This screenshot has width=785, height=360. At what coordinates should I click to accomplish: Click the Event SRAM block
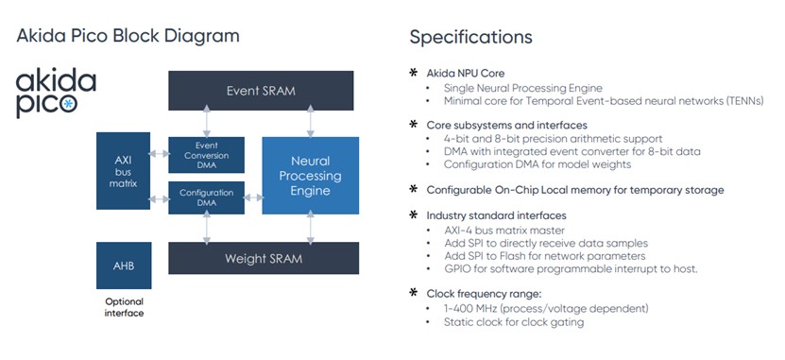(x=261, y=91)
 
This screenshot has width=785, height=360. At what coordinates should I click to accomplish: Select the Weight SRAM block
(x=264, y=258)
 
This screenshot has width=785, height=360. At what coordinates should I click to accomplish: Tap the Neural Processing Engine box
(x=311, y=175)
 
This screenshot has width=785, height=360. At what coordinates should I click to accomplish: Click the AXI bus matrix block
(x=123, y=171)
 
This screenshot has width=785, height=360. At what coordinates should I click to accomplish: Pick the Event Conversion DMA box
(x=206, y=155)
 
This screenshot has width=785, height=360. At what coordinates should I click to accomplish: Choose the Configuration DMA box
(x=206, y=197)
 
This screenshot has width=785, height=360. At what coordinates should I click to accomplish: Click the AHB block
(x=124, y=266)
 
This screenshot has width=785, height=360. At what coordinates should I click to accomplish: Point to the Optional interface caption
(x=124, y=307)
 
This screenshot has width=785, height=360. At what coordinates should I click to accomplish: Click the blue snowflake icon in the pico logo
(x=69, y=104)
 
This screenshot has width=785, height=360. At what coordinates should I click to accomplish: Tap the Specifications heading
(x=470, y=37)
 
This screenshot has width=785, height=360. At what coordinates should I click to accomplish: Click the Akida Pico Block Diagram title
(x=128, y=36)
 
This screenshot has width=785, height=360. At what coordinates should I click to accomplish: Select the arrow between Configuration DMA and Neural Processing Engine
(x=253, y=197)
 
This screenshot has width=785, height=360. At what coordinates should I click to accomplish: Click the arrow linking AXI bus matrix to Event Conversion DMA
(x=160, y=154)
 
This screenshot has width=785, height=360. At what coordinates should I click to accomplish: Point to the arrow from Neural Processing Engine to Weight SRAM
(x=311, y=228)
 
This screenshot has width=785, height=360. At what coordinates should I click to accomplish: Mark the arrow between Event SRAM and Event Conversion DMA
(x=206, y=124)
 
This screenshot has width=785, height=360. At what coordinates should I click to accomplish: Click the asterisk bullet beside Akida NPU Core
(x=414, y=73)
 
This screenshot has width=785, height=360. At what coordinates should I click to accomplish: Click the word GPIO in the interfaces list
(x=456, y=269)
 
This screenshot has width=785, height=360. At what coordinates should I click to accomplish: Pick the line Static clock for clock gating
(x=514, y=322)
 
